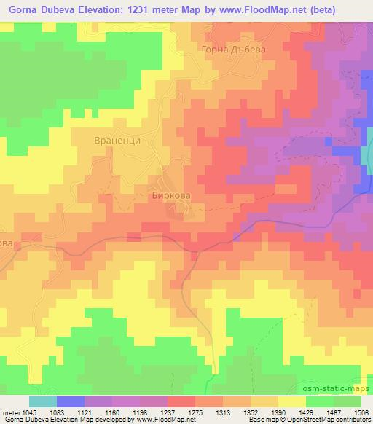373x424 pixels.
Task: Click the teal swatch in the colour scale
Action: (42, 401)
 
